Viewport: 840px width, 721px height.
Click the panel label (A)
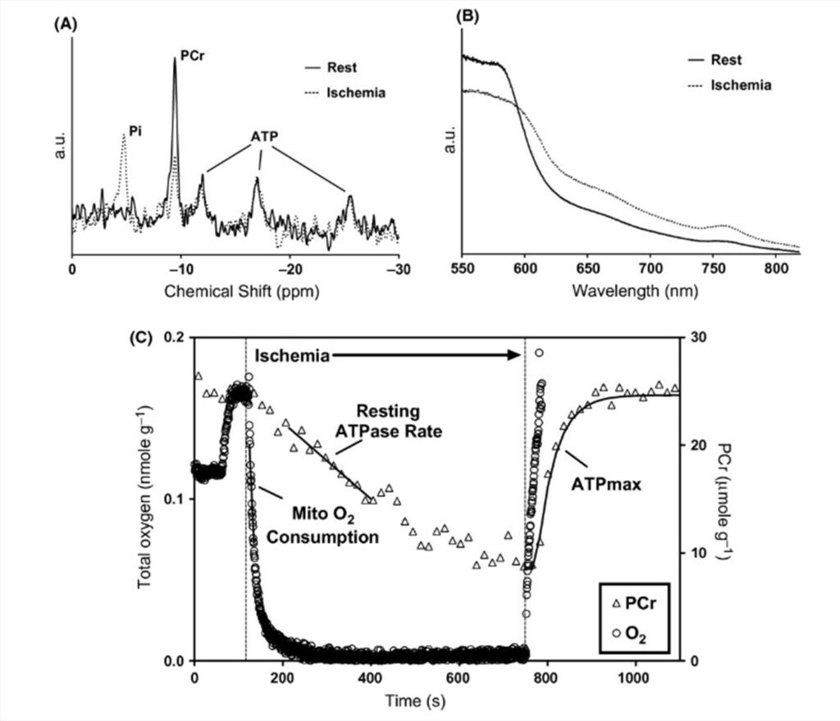pyautogui.click(x=66, y=25)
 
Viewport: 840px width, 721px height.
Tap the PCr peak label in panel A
pyautogui.click(x=192, y=60)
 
